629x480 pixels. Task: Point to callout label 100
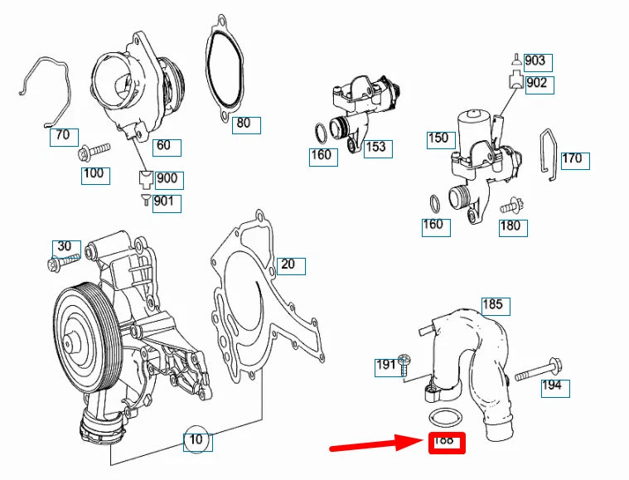pyautogui.click(x=95, y=175)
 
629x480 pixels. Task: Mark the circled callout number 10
pyautogui.click(x=196, y=441)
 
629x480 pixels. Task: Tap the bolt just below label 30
pyautogui.click(x=63, y=263)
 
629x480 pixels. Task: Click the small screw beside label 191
pyautogui.click(x=404, y=365)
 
